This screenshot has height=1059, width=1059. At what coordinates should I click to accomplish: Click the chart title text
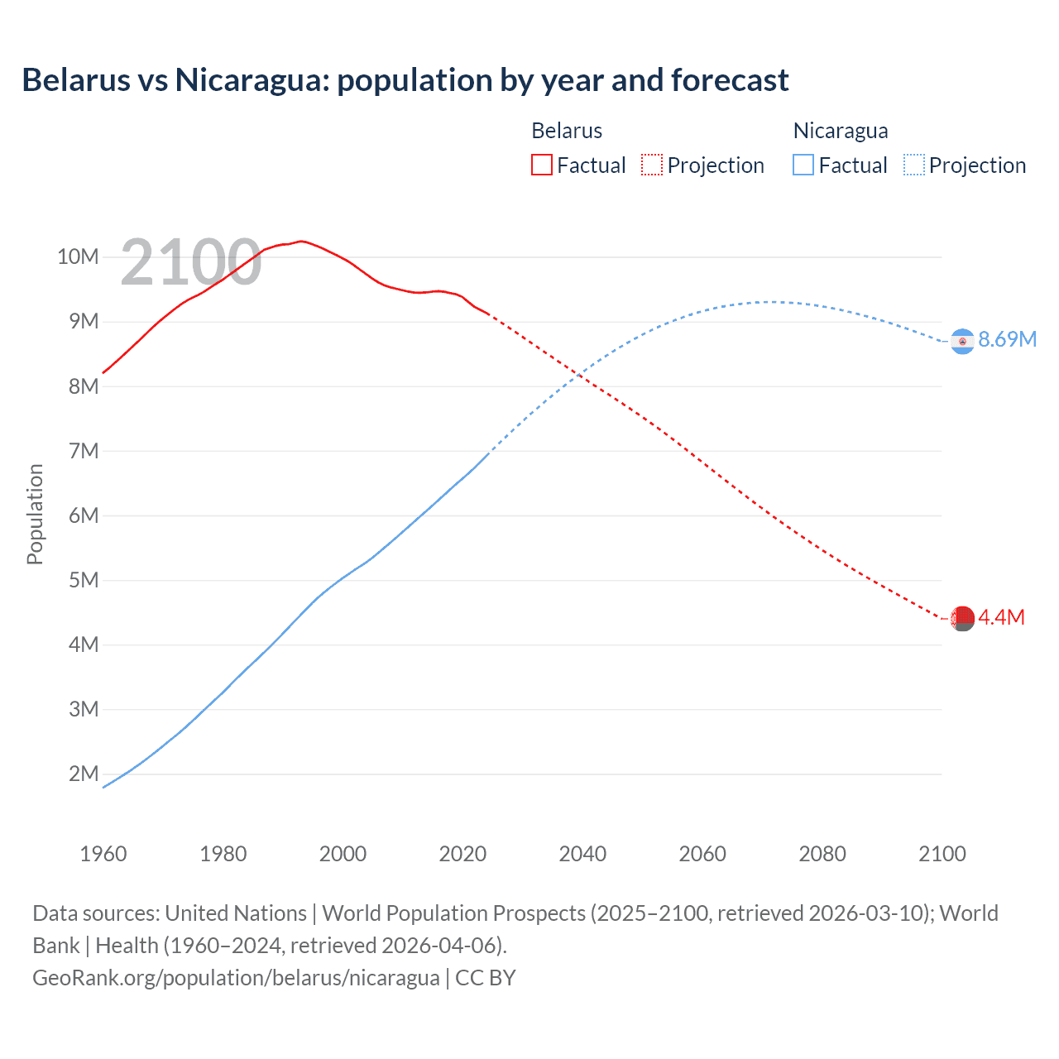[405, 80]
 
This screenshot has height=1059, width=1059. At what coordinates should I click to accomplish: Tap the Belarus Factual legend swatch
[541, 165]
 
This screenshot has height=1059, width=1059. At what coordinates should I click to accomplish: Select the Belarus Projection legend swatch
[651, 165]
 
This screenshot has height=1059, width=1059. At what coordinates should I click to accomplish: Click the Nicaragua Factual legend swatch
[803, 165]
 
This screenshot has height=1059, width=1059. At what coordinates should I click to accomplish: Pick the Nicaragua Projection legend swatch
[913, 165]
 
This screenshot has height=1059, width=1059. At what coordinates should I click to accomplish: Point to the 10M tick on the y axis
[78, 256]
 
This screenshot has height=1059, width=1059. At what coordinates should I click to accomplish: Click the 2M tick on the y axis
[84, 774]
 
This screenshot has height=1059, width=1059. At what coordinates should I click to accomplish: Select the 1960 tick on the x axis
[103, 854]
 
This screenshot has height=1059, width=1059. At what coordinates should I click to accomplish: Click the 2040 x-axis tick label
[582, 854]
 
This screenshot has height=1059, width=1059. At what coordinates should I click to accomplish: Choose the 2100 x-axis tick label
[942, 854]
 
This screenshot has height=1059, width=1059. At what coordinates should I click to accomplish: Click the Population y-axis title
[35, 514]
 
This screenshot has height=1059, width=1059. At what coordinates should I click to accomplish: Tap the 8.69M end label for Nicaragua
[1007, 339]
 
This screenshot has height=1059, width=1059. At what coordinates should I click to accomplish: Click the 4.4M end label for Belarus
[1001, 617]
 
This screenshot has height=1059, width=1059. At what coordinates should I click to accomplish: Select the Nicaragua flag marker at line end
[962, 341]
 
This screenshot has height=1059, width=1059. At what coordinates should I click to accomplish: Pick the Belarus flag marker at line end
[962, 618]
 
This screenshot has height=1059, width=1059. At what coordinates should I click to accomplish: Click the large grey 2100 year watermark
[191, 262]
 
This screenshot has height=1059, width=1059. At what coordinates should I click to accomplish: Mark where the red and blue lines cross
[579, 376]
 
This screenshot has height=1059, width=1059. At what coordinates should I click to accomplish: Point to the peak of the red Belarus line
[301, 241]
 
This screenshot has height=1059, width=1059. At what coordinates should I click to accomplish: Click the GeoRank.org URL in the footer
[236, 977]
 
